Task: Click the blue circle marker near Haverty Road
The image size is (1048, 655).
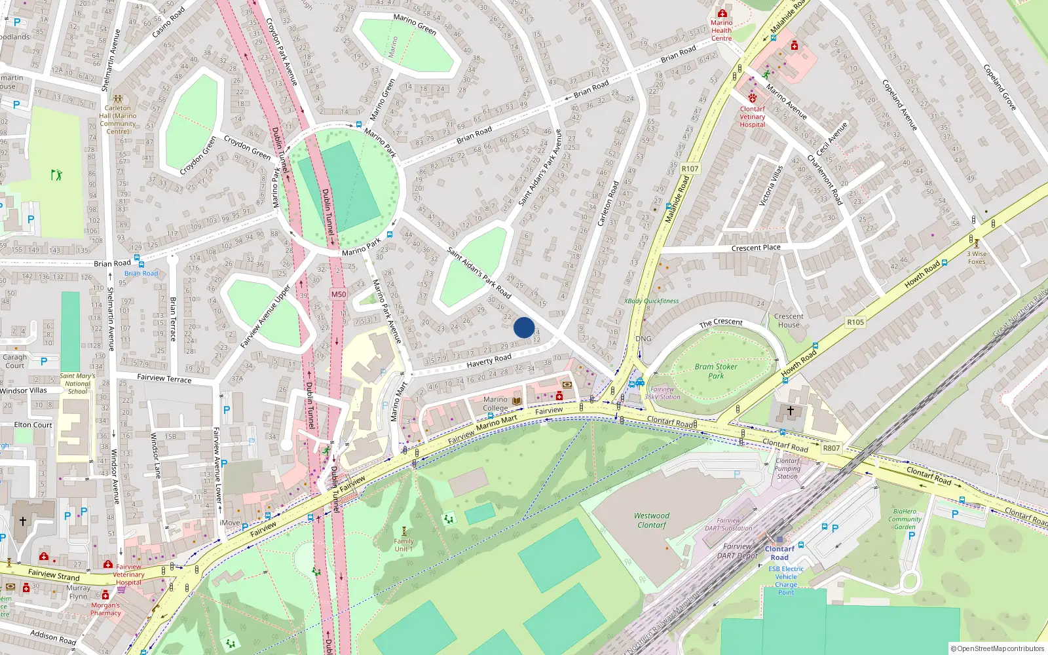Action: tap(524, 327)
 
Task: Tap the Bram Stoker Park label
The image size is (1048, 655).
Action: tap(716, 371)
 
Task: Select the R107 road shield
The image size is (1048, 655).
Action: tap(690, 168)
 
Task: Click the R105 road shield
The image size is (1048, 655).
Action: tap(855, 322)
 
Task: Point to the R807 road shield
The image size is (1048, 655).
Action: tap(831, 448)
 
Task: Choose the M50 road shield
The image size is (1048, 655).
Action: tap(338, 294)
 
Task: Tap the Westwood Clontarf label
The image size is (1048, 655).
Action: tap(652, 520)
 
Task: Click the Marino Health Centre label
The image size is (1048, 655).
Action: tap(721, 30)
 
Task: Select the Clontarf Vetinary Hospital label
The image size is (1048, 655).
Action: tap(752, 117)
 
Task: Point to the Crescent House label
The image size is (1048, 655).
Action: tap(789, 320)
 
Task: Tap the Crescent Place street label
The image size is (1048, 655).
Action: tap(756, 248)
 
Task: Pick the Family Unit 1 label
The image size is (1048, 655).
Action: tap(403, 545)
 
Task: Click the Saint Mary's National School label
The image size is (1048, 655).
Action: tap(77, 383)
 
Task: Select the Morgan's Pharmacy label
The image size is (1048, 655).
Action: tap(105, 609)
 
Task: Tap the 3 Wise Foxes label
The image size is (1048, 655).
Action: tap(977, 257)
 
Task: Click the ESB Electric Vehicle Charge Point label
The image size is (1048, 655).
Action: tap(786, 580)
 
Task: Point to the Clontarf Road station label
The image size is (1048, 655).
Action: tap(779, 553)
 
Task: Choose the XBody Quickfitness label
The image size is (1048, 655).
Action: tap(651, 301)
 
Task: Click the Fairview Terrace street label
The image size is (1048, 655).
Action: tap(164, 379)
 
